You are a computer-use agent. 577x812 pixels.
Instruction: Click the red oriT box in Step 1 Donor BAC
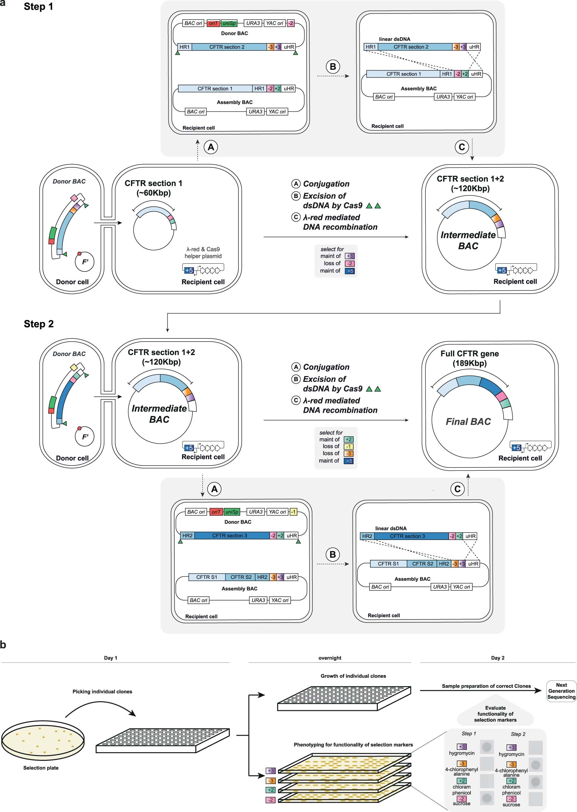coord(213,24)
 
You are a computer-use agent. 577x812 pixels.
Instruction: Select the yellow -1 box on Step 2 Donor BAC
coord(293,512)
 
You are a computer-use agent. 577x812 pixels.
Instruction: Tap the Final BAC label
coord(468,422)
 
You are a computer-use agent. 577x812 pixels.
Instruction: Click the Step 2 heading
coord(39,324)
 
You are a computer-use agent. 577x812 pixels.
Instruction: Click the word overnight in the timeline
coord(330,658)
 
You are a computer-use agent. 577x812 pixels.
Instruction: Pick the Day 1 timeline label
coord(110,658)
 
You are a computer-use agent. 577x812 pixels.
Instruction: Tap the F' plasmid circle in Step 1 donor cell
coord(85,262)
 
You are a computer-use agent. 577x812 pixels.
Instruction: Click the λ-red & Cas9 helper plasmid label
coord(203,252)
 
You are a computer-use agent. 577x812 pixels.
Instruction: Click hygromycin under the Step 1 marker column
coord(461,753)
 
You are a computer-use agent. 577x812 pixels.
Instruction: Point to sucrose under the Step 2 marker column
coord(511,805)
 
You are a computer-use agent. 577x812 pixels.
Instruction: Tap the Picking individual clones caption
coord(102,692)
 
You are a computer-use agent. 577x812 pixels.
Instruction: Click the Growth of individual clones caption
coord(353,676)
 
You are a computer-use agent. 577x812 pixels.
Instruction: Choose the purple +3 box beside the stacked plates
coord(271,771)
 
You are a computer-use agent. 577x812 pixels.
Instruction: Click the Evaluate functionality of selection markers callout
coord(495,714)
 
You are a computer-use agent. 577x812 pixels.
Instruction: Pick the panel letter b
coord(3,645)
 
